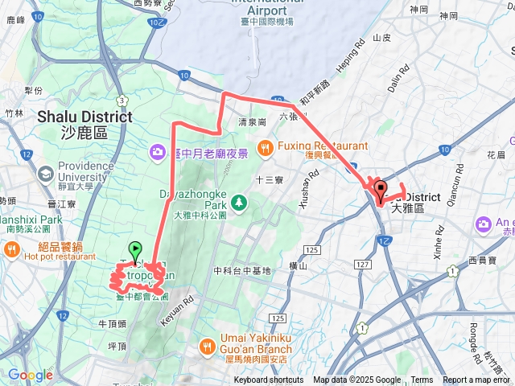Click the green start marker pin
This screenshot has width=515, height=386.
pos(135,251)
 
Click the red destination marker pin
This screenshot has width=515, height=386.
pos(381,190)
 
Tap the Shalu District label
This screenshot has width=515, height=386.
pos(84,117)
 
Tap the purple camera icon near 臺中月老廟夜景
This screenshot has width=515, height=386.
pos(158,152)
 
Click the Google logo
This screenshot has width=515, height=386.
pos(30,375)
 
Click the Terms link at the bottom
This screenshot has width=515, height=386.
pos(422,380)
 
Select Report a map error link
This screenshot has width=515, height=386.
pos(476,380)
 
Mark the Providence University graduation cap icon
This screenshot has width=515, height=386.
pos(45,174)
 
